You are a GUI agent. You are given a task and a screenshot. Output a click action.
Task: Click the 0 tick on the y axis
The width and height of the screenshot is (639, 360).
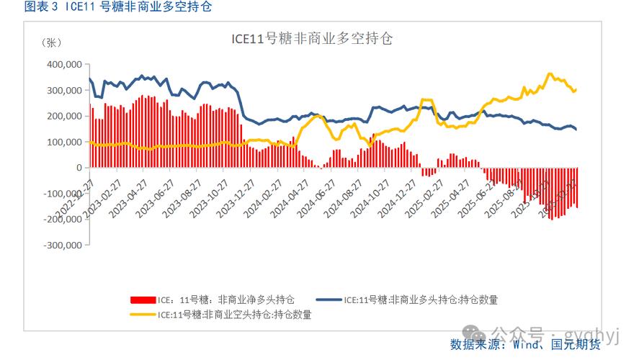point(78,168)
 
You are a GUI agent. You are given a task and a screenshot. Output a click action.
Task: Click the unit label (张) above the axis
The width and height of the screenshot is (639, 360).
point(53,42)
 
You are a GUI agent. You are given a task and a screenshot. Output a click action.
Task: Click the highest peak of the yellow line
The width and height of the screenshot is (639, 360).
point(550,73)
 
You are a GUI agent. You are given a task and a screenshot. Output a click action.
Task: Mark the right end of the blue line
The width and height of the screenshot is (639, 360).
point(576,130)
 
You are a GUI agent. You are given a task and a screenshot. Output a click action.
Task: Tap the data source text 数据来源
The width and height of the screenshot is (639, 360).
point(477,345)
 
